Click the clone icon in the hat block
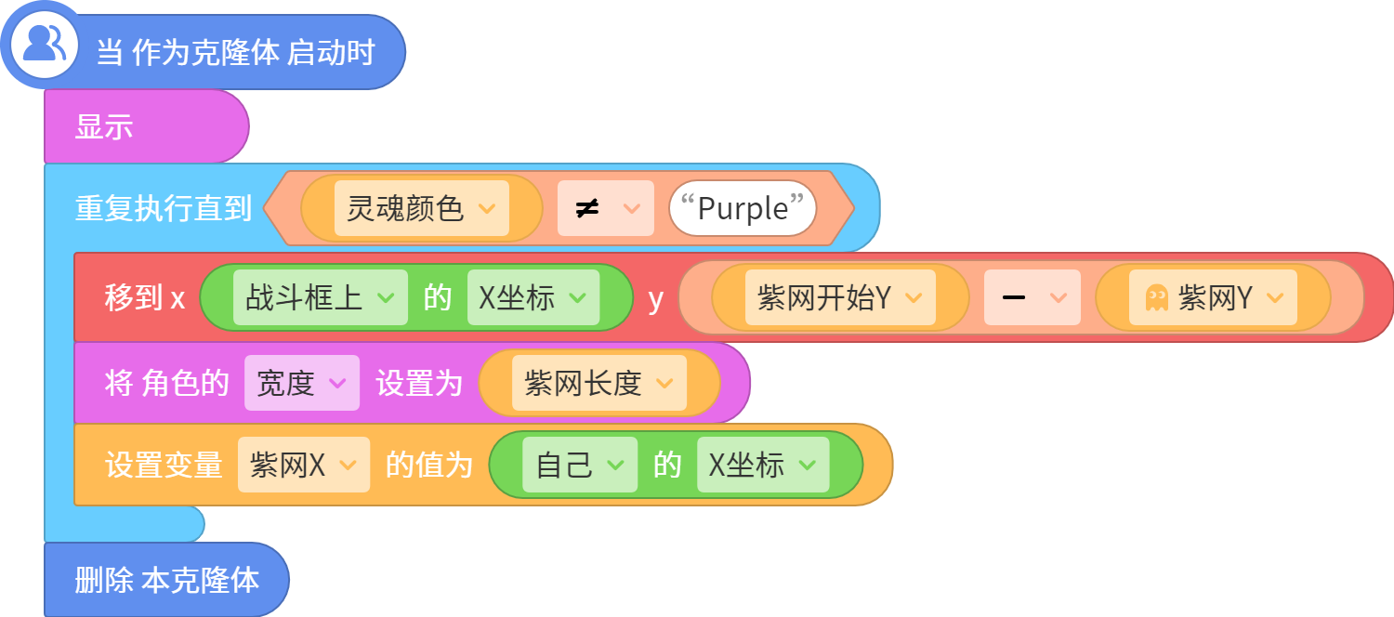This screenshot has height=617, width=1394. coord(44,44)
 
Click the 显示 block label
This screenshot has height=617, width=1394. coord(104,127)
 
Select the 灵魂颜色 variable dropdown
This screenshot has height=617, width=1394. coord(421,208)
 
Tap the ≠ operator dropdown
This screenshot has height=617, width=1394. coord(606,208)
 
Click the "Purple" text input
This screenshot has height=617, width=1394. coord(743,208)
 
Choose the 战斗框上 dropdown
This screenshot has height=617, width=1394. coord(321,297)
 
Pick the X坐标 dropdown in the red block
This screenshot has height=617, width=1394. coord(533,297)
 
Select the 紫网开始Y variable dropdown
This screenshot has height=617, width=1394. coord(840,297)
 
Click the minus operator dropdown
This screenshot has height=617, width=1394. coord(1032,297)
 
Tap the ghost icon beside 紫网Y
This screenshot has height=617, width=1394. coord(1157,298)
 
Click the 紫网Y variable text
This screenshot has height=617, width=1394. coord(1216,297)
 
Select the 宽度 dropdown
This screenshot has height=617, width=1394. coord(302,383)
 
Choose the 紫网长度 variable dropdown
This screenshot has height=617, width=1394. coord(599,383)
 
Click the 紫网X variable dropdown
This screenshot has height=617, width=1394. coord(304,465)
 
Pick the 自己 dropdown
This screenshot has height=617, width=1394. coord(580,465)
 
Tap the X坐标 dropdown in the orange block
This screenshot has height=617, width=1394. coord(763,465)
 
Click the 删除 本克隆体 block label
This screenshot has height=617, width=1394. coord(166,580)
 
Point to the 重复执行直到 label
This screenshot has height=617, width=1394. coord(163,208)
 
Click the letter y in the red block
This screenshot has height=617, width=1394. coord(655,300)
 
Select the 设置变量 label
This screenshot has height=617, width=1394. coord(164,465)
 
